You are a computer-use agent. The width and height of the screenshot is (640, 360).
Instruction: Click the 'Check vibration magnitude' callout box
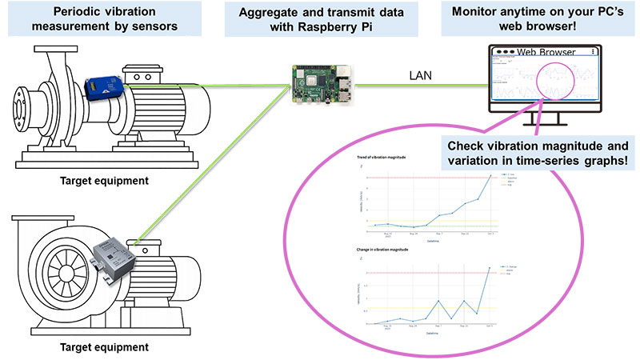(x=538, y=152)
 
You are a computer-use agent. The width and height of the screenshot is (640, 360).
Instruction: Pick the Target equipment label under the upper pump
(x=108, y=181)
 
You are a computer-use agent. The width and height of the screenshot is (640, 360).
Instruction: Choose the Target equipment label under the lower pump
(x=108, y=346)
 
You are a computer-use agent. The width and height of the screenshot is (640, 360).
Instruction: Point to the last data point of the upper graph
(x=490, y=175)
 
